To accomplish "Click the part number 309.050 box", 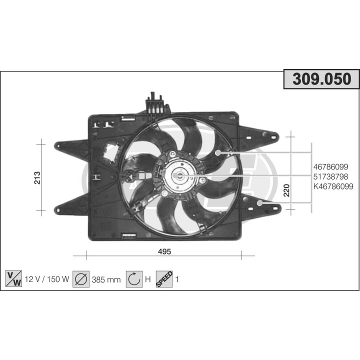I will (x=321, y=79).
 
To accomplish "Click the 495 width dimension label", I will (x=164, y=252).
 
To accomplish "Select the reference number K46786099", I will (x=333, y=186).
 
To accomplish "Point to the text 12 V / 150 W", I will (x=46, y=279).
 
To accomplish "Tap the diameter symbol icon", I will (x=80, y=278).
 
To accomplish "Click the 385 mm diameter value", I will (x=106, y=279).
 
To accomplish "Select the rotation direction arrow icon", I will (x=134, y=278).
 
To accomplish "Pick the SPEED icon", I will (x=164, y=278).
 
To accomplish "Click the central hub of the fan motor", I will (x=178, y=176).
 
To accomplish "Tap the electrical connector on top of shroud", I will (x=156, y=103).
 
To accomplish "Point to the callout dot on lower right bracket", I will (x=260, y=202).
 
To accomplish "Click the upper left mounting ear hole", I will (x=58, y=145).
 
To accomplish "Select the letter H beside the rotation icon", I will (x=147, y=279).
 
